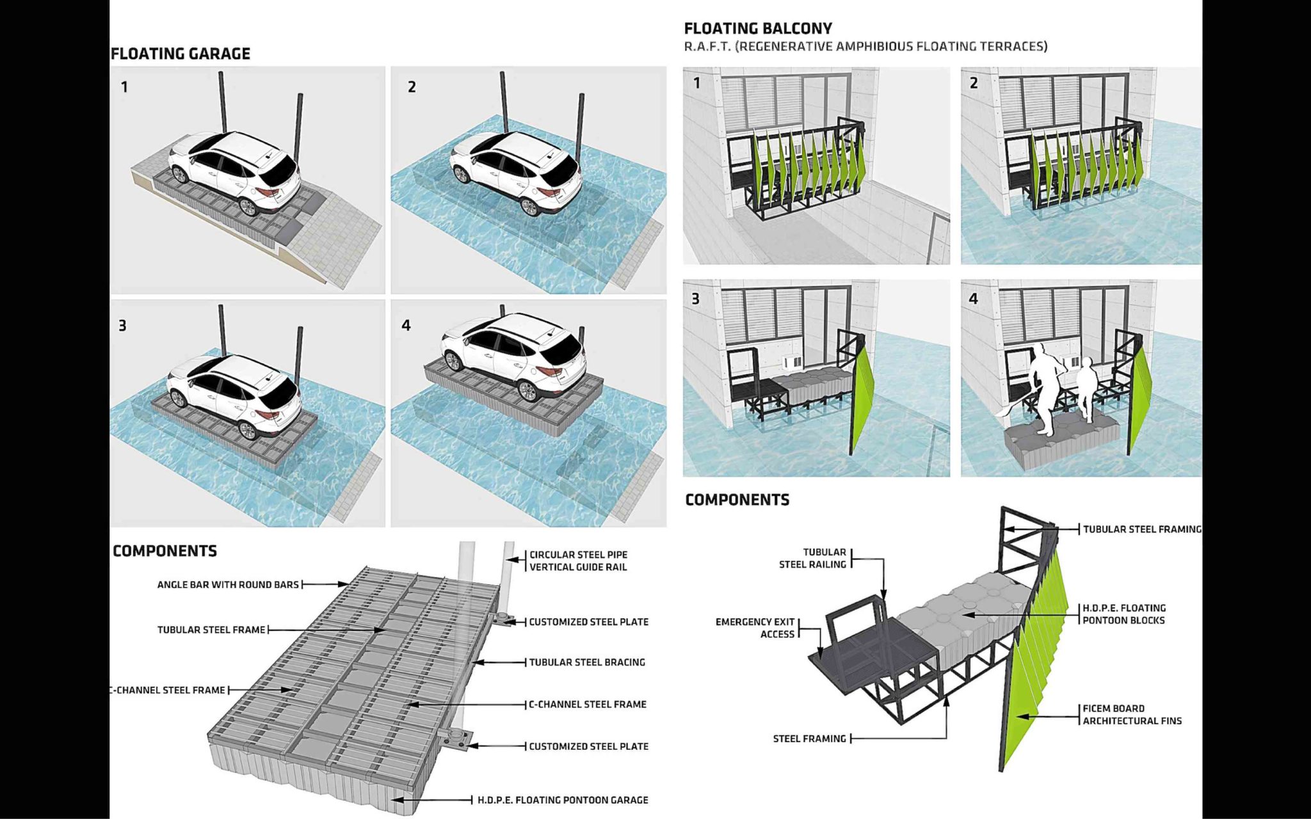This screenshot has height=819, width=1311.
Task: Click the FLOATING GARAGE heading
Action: coord(181,54)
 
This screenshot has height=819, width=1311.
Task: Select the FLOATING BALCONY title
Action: coord(758,28)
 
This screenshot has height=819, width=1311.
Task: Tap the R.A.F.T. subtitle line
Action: coord(865,47)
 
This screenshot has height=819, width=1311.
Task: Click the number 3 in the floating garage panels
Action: coord(122,326)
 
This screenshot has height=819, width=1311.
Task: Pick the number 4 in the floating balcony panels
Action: coord(974,299)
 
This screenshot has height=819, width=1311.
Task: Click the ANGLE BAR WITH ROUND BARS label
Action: coord(228,584)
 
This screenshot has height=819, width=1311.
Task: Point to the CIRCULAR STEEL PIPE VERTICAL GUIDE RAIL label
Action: coord(578,561)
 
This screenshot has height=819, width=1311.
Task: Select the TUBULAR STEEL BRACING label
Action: coord(586,662)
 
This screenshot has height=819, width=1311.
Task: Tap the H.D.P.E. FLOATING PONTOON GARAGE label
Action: coord(563,800)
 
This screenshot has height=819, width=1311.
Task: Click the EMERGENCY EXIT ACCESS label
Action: coord(755,628)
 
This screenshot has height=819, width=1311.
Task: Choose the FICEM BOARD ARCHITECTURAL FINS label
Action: coord(1132,715)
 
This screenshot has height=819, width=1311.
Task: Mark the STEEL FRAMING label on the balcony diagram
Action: coord(809,738)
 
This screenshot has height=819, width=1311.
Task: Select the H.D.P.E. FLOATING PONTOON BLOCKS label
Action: coord(1123,614)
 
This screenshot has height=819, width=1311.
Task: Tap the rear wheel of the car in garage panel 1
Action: coord(246,206)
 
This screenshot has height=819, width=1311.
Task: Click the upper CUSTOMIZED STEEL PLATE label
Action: coord(588,622)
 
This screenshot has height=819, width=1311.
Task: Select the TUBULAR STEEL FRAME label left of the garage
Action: coord(211,630)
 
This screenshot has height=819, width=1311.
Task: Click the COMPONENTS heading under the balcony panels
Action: coord(737,500)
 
